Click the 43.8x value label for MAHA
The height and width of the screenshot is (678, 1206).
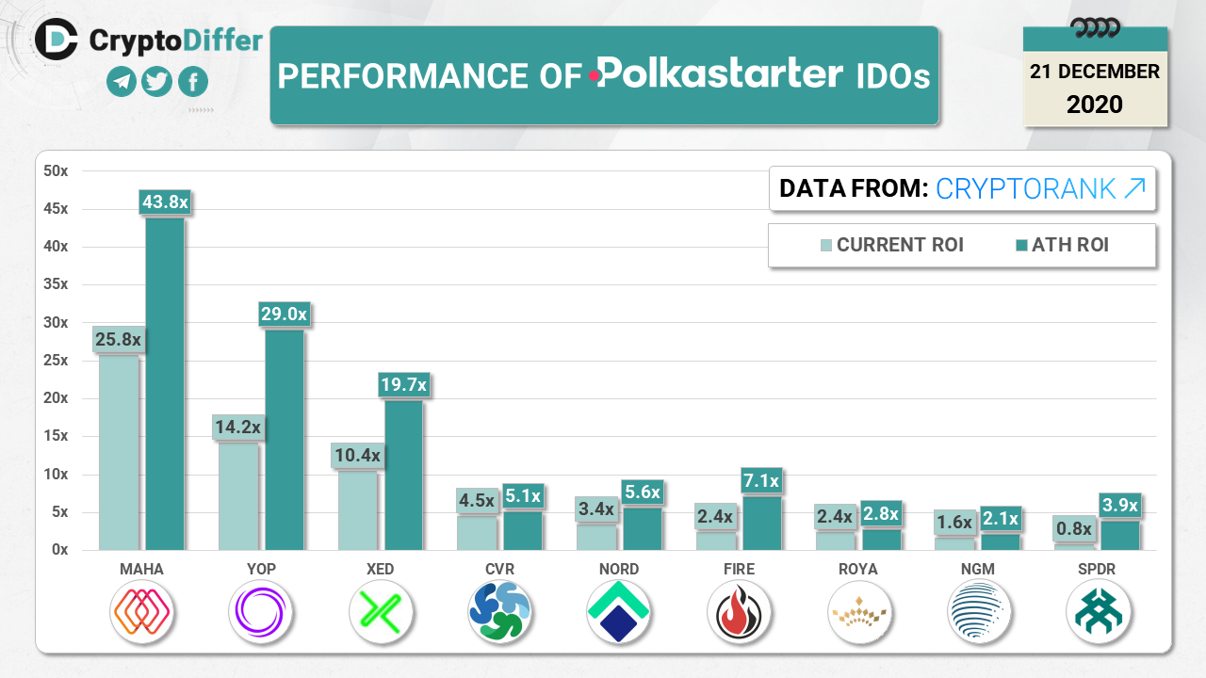pyautogui.click(x=165, y=202)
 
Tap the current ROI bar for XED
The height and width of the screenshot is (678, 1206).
pyautogui.click(x=357, y=509)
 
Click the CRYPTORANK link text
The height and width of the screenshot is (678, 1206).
pyautogui.click(x=1040, y=188)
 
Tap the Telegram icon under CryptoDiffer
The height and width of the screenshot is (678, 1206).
pyautogui.click(x=122, y=82)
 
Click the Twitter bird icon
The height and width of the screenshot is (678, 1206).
pyautogui.click(x=157, y=82)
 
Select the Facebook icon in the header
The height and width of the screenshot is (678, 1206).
pyautogui.click(x=192, y=82)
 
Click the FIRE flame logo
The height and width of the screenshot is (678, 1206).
pyautogui.click(x=739, y=612)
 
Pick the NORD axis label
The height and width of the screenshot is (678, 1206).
pyautogui.click(x=618, y=569)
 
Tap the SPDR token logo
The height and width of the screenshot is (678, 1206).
pyautogui.click(x=1099, y=612)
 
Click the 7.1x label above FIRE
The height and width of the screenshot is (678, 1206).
pyautogui.click(x=760, y=481)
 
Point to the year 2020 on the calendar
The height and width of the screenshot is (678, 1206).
pyautogui.click(x=1095, y=104)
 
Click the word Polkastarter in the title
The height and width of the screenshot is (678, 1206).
pyautogui.click(x=721, y=74)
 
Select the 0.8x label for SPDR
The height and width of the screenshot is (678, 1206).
pyautogui.click(x=1072, y=529)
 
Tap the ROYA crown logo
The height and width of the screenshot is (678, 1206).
pyautogui.click(x=859, y=612)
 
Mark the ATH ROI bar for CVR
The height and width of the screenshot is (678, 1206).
pyautogui.click(x=523, y=530)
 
